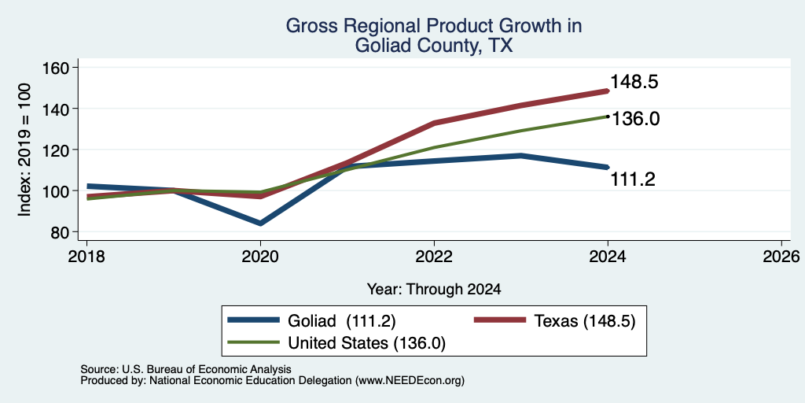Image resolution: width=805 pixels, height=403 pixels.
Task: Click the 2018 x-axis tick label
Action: coord(86,256)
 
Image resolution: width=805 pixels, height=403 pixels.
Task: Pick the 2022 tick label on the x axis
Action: coord(434,256)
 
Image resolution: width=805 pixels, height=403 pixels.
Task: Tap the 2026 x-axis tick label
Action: coord(781,256)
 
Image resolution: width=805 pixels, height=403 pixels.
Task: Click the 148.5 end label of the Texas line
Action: coord(634,82)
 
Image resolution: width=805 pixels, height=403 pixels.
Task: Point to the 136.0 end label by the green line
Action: coord(634,120)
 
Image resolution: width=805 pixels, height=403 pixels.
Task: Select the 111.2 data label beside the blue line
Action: coord(633,179)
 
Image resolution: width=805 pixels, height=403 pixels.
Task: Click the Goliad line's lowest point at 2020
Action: coord(261,223)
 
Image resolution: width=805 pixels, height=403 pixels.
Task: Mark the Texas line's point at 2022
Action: coord(434,123)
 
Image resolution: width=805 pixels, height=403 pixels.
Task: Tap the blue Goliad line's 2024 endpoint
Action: coord(608,167)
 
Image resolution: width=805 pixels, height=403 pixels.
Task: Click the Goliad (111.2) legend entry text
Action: coord(341,321)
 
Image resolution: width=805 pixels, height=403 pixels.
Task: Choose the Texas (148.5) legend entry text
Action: coord(585,321)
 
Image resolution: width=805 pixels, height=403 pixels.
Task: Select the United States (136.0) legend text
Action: coord(366,343)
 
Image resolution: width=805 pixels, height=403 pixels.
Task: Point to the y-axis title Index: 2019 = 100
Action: coord(24,150)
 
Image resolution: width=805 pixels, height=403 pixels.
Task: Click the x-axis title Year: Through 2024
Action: coord(434,290)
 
